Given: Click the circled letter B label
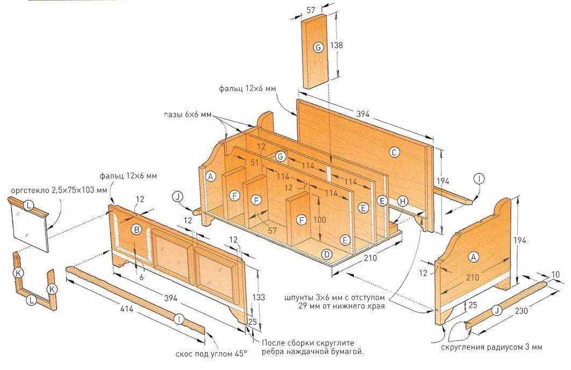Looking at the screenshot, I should point(137,230).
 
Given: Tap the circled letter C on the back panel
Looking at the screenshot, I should point(394,153).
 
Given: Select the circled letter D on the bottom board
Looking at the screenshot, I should point(326,254).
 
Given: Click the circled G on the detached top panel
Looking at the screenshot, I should point(318,48).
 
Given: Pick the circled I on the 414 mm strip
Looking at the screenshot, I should point(179,319).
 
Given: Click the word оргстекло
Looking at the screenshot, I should point(27,190).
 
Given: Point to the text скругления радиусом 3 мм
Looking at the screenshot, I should point(491,347).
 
